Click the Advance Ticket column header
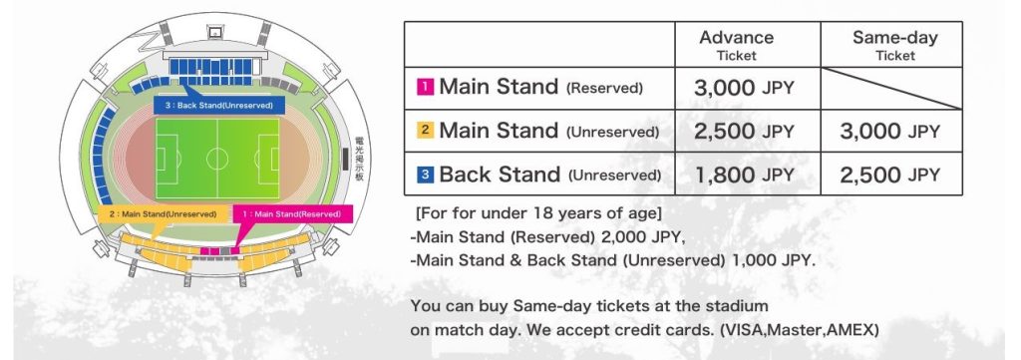coord(737,45)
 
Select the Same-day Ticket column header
coord(895,45)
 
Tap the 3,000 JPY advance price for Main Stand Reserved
coord(744,88)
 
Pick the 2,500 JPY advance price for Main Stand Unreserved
coord(744,132)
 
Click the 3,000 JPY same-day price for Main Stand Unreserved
coord(890,132)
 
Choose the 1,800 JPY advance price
coord(744,175)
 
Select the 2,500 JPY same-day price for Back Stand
coord(890,175)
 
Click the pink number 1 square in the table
coord(425,87)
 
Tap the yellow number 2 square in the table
coord(425,131)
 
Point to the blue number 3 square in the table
coord(425,174)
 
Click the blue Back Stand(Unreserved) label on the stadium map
coord(219,105)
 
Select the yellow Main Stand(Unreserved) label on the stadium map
coord(164,214)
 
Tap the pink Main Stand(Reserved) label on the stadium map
coord(292,214)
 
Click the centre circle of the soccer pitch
coord(217,159)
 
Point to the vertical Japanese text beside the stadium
coord(359,159)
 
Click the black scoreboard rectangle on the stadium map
coord(346,159)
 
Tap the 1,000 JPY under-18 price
coord(773,260)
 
